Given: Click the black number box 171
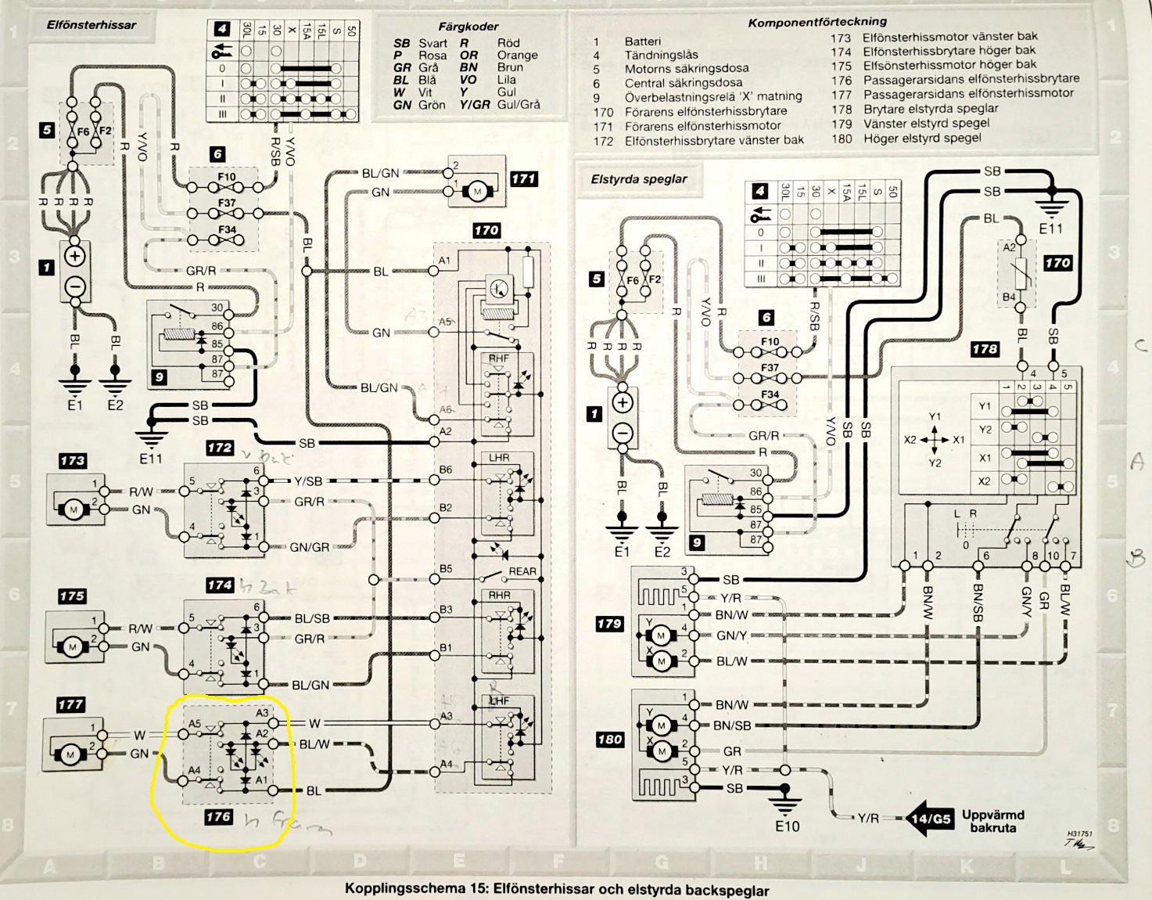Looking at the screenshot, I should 523,178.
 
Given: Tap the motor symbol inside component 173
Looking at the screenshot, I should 74,510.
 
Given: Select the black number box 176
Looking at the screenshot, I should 218,817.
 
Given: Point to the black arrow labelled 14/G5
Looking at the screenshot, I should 928,819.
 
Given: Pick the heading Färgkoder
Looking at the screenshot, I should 468,27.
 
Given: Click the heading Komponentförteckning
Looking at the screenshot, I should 817,22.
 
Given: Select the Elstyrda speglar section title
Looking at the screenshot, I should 639,178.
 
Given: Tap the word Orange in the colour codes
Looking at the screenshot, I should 517,56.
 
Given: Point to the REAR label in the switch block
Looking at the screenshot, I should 522,571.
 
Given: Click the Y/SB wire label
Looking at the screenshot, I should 307,481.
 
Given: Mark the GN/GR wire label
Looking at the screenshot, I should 310,547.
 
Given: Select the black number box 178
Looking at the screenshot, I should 985,349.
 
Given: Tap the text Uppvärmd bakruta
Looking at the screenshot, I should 992,821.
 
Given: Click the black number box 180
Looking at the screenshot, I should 609,739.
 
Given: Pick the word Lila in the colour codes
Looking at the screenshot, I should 506,80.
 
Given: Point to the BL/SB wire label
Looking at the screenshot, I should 311,618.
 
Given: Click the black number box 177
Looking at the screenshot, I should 70,704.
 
